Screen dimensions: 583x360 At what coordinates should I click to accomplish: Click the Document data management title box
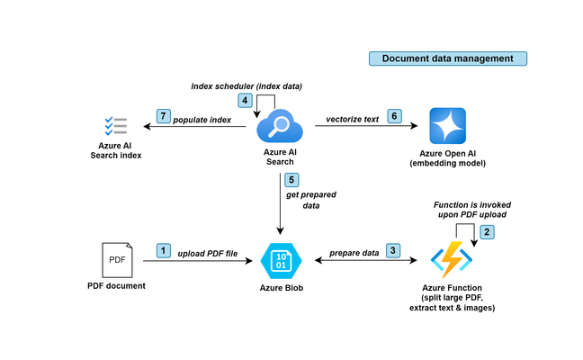tap(448, 58)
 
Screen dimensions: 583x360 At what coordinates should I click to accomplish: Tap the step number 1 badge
tap(163, 250)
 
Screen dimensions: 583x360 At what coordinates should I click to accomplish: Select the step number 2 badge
tap(487, 232)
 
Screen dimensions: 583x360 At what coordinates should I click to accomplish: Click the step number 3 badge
tap(393, 250)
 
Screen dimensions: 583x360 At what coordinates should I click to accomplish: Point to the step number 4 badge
tap(245, 101)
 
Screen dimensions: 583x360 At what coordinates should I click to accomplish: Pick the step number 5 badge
tap(291, 180)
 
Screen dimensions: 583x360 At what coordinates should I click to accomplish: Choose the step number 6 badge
tap(394, 116)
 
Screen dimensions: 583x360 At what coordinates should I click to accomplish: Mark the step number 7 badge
tap(163, 116)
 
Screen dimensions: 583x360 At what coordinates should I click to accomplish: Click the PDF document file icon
tap(117, 260)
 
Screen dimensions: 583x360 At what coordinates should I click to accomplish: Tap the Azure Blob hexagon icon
tap(281, 261)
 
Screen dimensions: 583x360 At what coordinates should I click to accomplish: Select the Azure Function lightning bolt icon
tap(452, 259)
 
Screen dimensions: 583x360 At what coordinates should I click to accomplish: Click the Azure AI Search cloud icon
tap(280, 126)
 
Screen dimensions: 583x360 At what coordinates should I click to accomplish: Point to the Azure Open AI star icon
tap(448, 126)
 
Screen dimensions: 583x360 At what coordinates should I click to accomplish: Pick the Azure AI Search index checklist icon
tap(116, 126)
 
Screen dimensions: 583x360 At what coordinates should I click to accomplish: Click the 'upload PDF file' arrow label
tap(208, 254)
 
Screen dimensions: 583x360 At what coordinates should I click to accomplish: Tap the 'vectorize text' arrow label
tap(352, 120)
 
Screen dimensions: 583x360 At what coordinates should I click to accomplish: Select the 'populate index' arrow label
tap(202, 120)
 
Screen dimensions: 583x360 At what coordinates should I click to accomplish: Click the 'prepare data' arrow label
tap(354, 253)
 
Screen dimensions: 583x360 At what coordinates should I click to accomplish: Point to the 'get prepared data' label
tap(311, 200)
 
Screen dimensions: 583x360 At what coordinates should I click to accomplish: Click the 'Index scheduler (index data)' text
tap(247, 86)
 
